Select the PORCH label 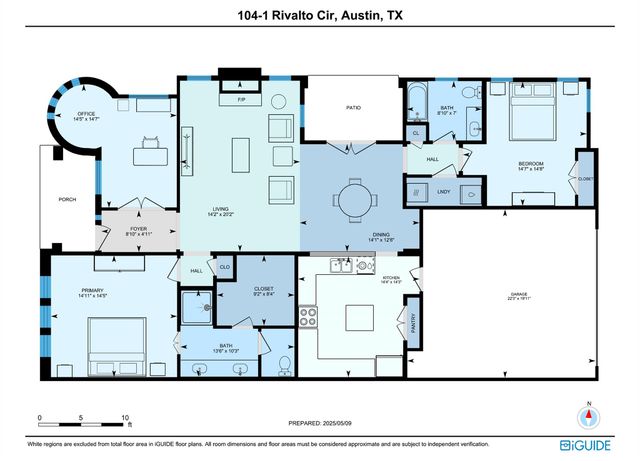coord(66,198)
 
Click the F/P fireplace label coord(241,101)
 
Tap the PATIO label coord(353,107)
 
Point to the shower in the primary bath coord(198,310)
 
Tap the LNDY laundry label coord(443,191)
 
